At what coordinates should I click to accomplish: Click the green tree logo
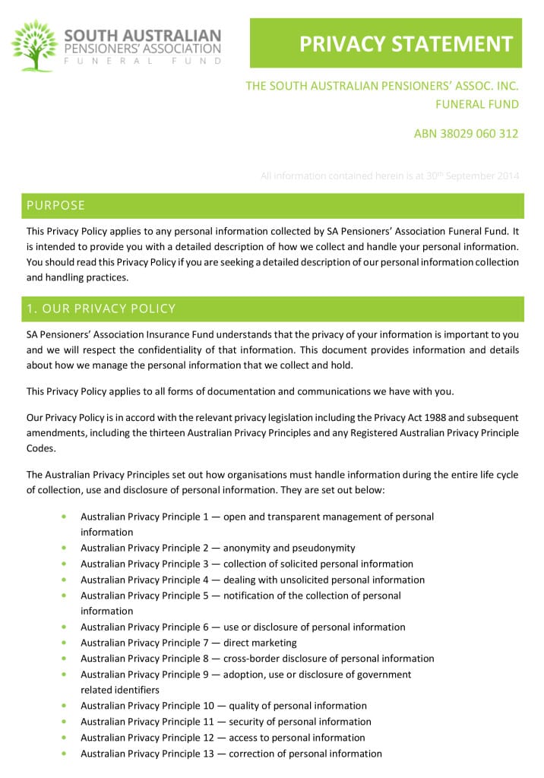tap(35, 46)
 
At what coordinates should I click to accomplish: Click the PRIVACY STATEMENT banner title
tap(406, 44)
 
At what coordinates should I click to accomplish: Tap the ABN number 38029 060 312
tap(466, 134)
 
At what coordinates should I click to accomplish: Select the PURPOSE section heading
tap(56, 205)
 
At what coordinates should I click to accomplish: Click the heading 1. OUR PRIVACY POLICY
tap(101, 308)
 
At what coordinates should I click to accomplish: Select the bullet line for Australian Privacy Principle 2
tap(217, 548)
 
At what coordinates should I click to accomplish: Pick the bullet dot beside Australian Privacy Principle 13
tap(63, 754)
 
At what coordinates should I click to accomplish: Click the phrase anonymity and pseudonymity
tap(292, 548)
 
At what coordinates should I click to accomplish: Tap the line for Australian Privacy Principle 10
tap(223, 706)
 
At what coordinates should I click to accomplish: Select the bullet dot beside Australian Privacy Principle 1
tap(63, 517)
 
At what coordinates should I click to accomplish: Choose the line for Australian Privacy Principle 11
tap(226, 722)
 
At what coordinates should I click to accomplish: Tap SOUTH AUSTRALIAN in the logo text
tap(143, 36)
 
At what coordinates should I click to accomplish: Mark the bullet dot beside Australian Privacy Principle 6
tap(63, 627)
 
